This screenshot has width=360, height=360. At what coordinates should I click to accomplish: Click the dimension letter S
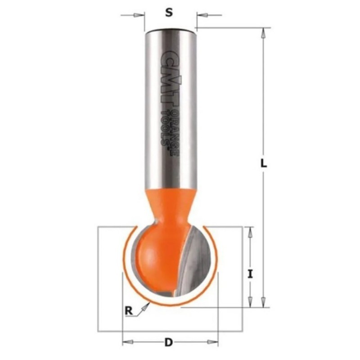pyautogui.click(x=169, y=13)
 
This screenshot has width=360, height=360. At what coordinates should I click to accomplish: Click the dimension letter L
pyautogui.click(x=264, y=163)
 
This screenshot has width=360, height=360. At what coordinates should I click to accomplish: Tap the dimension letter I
pyautogui.click(x=250, y=274)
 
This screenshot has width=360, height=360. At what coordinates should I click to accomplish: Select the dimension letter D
pyautogui.click(x=168, y=343)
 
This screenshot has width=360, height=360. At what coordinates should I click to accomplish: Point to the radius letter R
pyautogui.click(x=129, y=311)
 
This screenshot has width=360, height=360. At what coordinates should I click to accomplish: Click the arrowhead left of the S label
pyautogui.click(x=138, y=15)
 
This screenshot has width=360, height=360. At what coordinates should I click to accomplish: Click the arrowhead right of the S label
pyautogui.click(x=202, y=15)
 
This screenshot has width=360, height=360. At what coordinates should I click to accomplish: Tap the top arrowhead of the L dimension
pyautogui.click(x=264, y=33)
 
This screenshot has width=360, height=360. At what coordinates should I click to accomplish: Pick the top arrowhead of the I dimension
pyautogui.click(x=250, y=232)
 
